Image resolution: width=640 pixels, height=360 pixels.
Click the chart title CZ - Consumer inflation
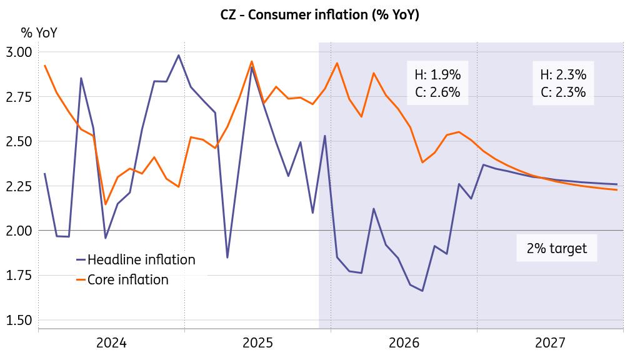320,15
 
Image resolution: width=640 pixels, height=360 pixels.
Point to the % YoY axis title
39,33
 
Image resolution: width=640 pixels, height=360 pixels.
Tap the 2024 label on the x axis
111,343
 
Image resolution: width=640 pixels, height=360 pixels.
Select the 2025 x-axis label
257,343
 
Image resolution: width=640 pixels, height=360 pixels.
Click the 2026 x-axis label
404,343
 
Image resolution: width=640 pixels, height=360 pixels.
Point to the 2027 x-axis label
550,343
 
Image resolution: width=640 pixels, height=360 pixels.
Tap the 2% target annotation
557,248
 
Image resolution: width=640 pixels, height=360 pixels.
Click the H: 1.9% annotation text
437,75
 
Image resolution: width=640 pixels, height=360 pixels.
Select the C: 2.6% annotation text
437,92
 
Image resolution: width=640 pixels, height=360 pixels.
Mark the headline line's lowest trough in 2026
422,291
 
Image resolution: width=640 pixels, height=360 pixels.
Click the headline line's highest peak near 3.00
179,55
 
